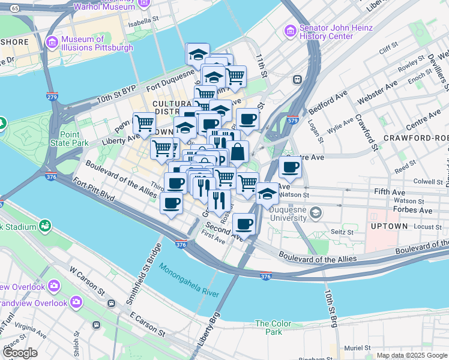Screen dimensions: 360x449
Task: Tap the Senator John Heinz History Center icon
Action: tap(290, 29)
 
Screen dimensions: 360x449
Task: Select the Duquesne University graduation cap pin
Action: tap(268, 195)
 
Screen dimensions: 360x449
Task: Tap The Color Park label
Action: tap(273, 328)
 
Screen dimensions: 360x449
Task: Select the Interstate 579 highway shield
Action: tap(293, 119)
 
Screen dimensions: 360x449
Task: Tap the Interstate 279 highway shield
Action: tap(52, 95)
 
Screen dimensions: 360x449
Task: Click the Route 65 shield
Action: tap(15, 8)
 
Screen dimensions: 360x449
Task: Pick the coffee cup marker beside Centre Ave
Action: tap(290, 168)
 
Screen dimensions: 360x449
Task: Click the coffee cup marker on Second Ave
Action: tap(244, 224)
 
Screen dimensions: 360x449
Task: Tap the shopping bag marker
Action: tap(238, 152)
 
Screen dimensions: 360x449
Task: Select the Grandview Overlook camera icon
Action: tap(76, 302)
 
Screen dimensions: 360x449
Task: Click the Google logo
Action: tap(21, 353)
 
